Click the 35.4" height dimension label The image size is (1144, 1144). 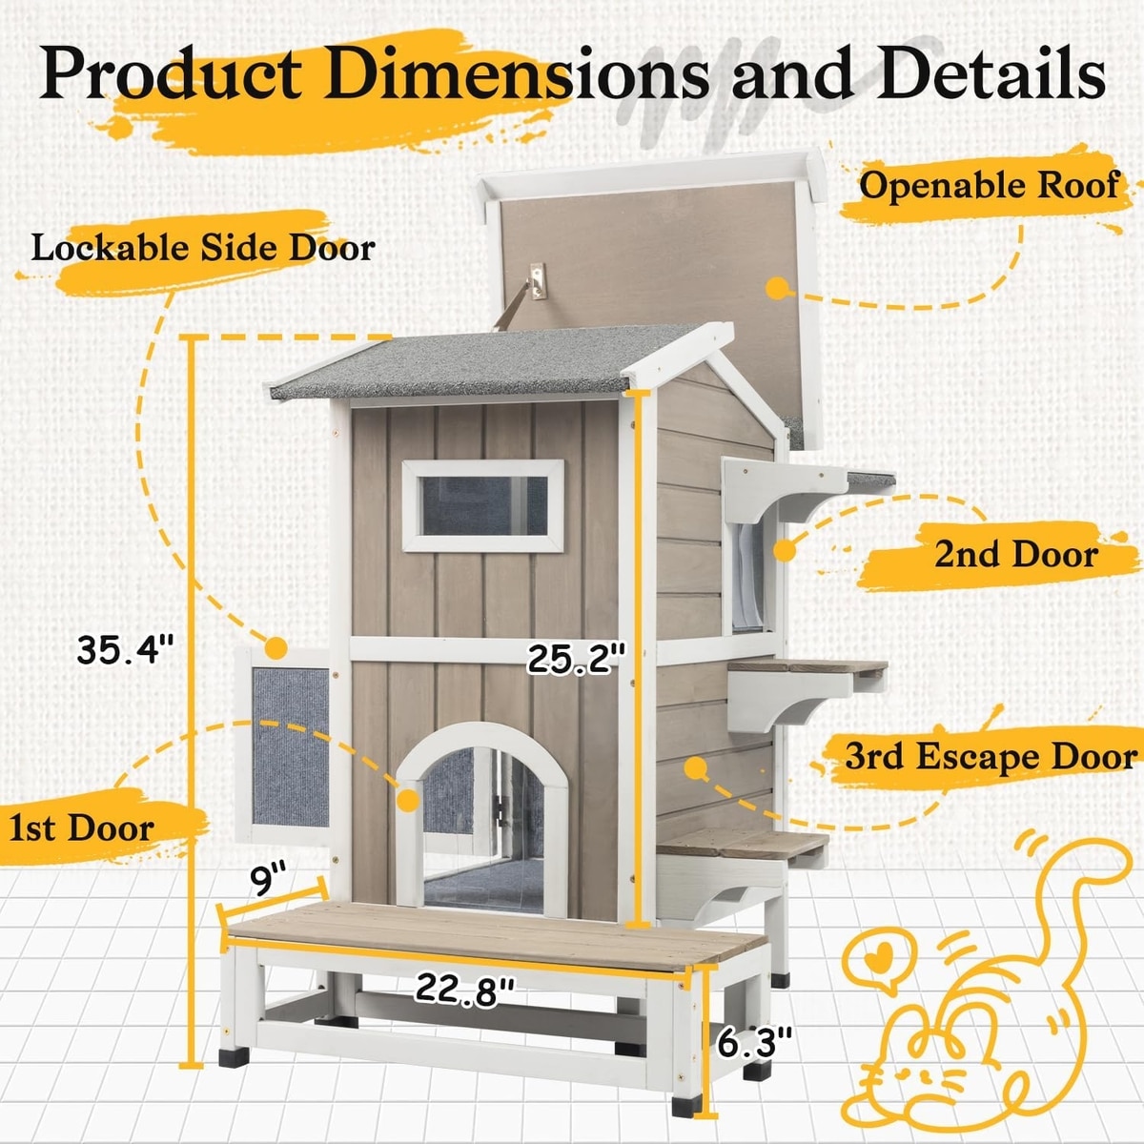click(126, 651)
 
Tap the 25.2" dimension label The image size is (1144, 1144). click(577, 659)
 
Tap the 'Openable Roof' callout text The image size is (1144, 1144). click(989, 185)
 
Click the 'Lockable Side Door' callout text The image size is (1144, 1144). click(203, 248)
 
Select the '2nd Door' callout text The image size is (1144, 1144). click(1015, 554)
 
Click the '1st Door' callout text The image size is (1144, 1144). click(81, 827)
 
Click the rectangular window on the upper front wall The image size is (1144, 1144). click(482, 505)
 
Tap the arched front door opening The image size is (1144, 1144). click(481, 820)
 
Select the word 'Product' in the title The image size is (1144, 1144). click(172, 73)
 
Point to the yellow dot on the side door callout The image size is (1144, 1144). click(276, 648)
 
